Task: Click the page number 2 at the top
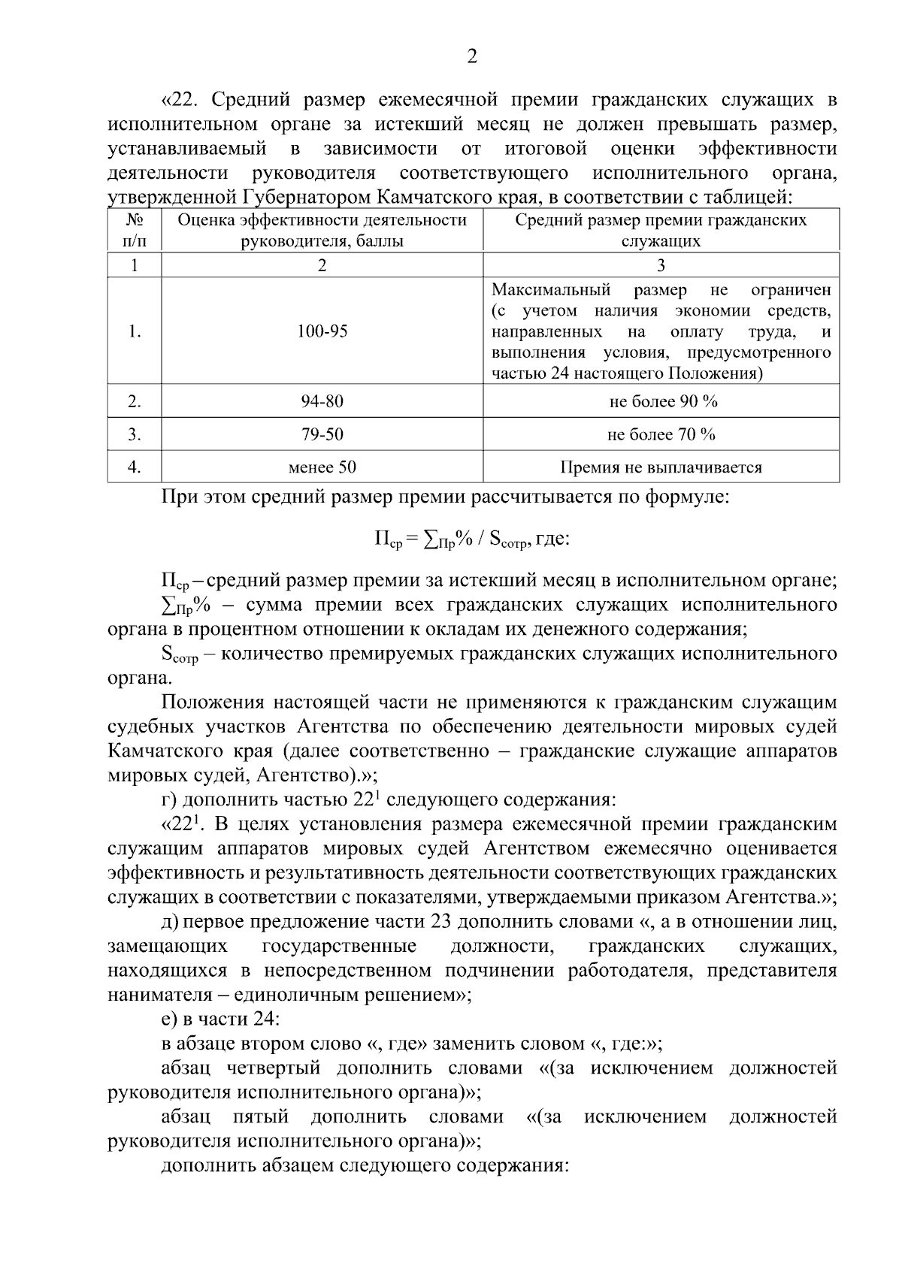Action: pyautogui.click(x=472, y=57)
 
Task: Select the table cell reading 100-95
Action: pyautogui.click(x=322, y=331)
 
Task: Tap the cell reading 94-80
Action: pyautogui.click(x=322, y=401)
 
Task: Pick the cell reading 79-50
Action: pyautogui.click(x=322, y=434)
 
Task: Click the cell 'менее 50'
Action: pyautogui.click(x=322, y=467)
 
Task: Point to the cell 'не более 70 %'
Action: pyautogui.click(x=661, y=434)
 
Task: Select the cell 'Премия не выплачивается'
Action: pyautogui.click(x=661, y=467)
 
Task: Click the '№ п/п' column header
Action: pyautogui.click(x=135, y=231)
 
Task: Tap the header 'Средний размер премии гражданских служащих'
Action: pyautogui.click(x=661, y=231)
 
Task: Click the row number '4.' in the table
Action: pyautogui.click(x=135, y=467)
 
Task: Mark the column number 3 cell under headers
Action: pyautogui.click(x=661, y=265)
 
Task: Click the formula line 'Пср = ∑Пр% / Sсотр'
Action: pyautogui.click(x=472, y=539)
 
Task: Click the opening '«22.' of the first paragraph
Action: pyautogui.click(x=183, y=100)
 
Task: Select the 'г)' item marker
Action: pyautogui.click(x=168, y=799)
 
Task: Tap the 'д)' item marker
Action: pyautogui.click(x=169, y=921)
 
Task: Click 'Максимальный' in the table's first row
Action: pyautogui.click(x=551, y=290)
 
